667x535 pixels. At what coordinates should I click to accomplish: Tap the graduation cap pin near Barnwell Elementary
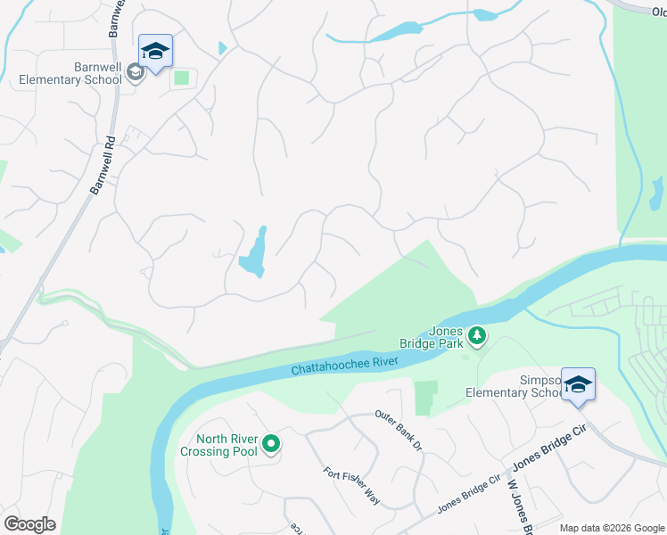click(x=155, y=53)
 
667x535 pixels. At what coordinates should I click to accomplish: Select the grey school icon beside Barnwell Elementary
click(x=136, y=71)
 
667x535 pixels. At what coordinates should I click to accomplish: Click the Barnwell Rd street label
click(x=104, y=166)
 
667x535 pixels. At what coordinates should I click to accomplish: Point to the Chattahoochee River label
click(x=344, y=366)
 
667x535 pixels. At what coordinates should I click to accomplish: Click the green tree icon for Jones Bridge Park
click(x=478, y=336)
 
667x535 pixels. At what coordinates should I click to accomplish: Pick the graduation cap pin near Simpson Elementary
click(x=578, y=385)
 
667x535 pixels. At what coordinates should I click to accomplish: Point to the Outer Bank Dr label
click(x=398, y=430)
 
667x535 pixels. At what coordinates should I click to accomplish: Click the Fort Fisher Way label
click(x=351, y=486)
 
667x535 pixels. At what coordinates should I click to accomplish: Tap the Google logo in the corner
click(x=29, y=523)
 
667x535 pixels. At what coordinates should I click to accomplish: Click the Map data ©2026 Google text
click(x=612, y=528)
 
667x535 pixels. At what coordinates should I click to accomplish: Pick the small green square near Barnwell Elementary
click(x=182, y=78)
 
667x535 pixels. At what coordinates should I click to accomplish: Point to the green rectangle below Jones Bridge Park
click(x=427, y=398)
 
